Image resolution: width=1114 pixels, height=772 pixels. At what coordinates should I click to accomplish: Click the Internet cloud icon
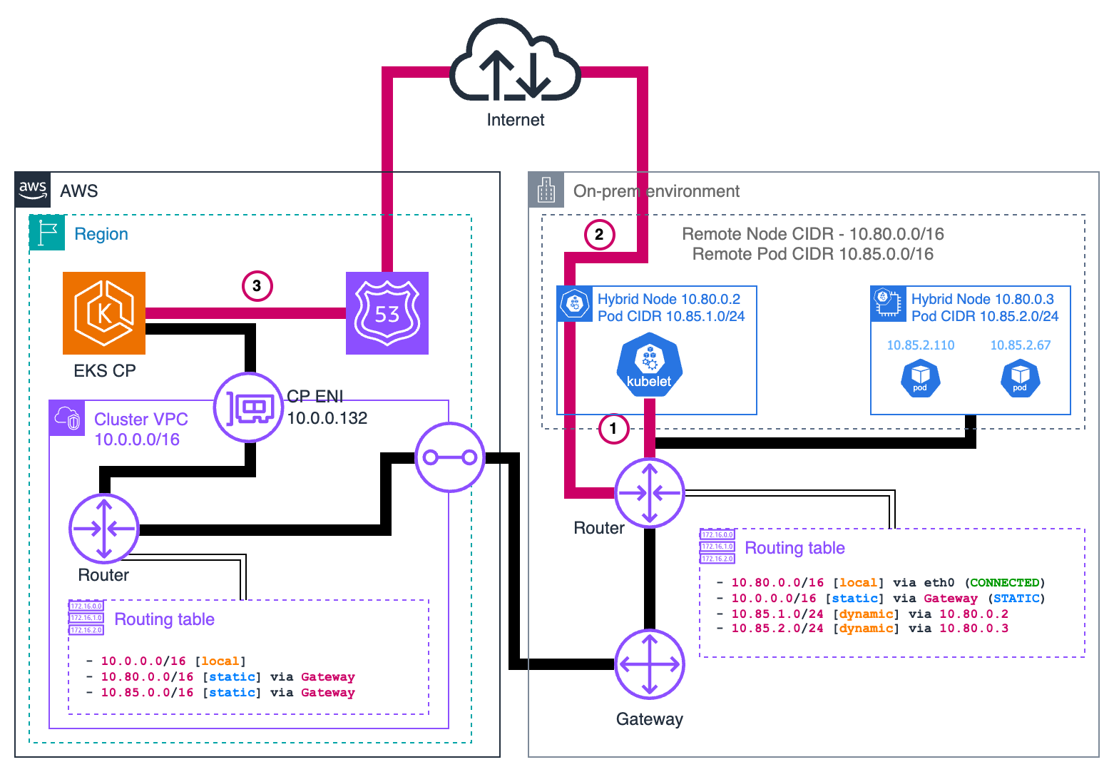tap(515, 62)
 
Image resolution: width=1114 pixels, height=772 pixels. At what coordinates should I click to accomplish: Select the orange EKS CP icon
tap(104, 313)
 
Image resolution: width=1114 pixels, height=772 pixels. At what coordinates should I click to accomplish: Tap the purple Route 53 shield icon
tap(387, 313)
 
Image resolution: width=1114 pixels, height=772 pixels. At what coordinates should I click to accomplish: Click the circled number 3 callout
tap(257, 286)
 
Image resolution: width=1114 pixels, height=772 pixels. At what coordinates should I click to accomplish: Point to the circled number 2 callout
tap(599, 234)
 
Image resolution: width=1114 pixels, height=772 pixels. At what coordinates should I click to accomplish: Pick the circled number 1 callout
tap(613, 429)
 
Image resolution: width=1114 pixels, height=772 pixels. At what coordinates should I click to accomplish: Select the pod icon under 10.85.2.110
tap(920, 379)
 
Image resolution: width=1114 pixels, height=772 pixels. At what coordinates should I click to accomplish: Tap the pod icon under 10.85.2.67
tap(1020, 379)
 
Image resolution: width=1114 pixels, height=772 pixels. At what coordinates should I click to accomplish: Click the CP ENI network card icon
tap(249, 408)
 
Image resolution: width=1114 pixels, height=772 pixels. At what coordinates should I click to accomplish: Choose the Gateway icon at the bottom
tap(649, 665)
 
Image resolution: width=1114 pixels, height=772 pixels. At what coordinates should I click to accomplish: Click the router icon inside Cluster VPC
tap(104, 529)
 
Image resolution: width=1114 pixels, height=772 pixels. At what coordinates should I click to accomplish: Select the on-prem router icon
tap(649, 493)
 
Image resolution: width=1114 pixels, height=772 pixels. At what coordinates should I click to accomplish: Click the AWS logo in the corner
tap(33, 190)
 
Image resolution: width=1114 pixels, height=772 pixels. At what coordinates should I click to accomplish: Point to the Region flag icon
tap(47, 233)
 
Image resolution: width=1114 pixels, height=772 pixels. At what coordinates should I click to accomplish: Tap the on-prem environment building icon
tap(546, 191)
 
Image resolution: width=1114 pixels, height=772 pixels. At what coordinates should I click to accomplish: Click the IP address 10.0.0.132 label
tap(327, 418)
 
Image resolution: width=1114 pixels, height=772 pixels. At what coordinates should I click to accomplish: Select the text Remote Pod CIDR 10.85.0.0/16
tap(812, 254)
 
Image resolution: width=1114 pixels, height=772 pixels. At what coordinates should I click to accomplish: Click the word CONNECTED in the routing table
tap(1005, 583)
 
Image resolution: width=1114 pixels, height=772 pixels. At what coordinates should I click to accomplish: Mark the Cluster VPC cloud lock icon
tap(67, 418)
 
